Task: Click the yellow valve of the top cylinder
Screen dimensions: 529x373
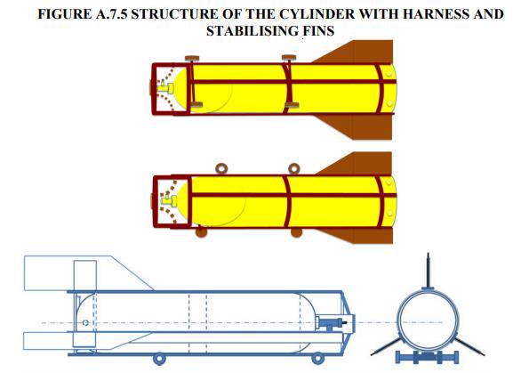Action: [165, 88]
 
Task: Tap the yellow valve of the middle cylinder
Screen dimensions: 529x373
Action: [169, 200]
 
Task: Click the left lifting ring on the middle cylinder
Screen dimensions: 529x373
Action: [221, 168]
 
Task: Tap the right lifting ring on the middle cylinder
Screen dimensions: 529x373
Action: [294, 168]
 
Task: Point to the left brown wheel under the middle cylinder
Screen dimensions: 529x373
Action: [201, 231]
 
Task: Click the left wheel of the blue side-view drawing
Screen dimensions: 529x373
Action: [159, 358]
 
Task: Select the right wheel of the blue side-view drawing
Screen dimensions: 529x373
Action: [317, 358]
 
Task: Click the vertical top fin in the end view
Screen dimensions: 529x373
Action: [428, 271]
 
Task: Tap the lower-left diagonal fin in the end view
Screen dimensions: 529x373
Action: [386, 346]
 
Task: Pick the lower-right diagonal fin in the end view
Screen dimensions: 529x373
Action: [469, 346]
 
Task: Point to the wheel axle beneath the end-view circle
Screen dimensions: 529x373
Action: [427, 358]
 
